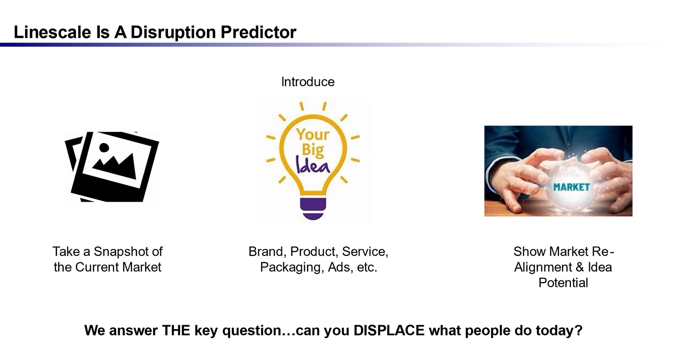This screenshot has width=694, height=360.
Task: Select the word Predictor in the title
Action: [x=258, y=32]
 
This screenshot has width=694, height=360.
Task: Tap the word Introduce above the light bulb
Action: [x=307, y=82]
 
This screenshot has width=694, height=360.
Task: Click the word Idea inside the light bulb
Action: [x=312, y=165]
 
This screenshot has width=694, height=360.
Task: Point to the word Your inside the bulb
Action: [x=313, y=134]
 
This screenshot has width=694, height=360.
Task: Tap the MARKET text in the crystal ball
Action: [x=571, y=187]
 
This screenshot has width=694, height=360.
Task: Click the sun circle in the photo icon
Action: [x=104, y=147]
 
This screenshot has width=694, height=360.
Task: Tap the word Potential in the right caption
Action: [x=563, y=283]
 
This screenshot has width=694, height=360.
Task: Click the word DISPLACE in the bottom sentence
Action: [x=389, y=331]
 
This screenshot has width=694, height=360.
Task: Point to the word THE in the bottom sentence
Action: [x=176, y=331]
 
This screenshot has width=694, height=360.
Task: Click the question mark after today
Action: [x=578, y=331]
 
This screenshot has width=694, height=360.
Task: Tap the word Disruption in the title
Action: [x=173, y=32]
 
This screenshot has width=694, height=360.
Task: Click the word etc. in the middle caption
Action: [x=367, y=267]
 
